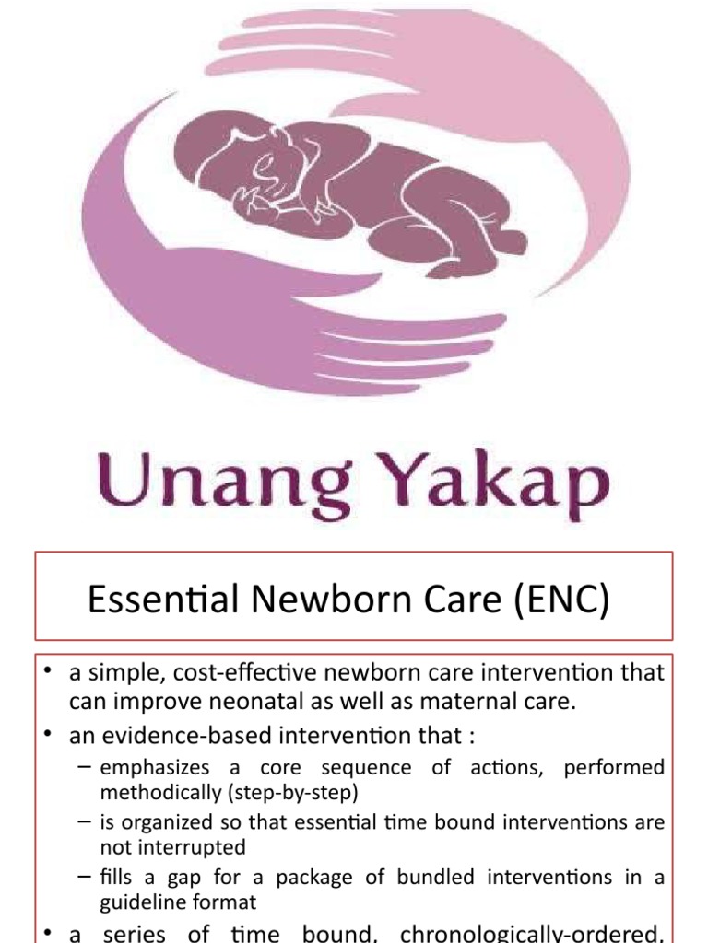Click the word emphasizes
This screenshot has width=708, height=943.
(x=153, y=767)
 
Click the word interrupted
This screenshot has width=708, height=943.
(x=174, y=845)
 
